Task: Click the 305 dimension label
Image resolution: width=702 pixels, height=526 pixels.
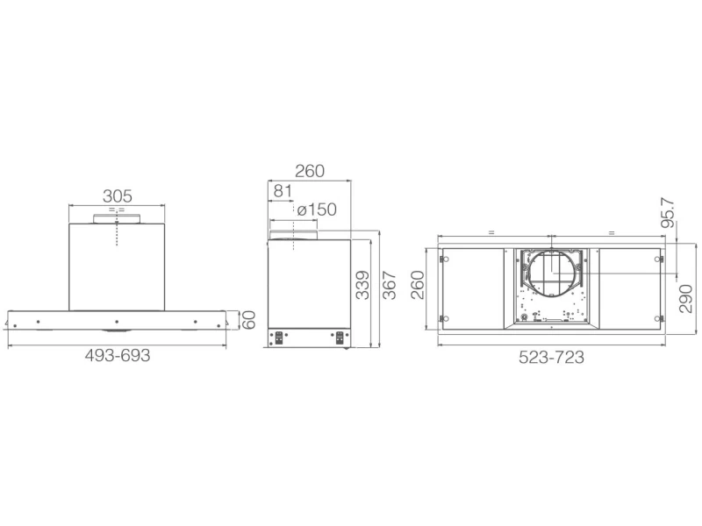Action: [118, 195]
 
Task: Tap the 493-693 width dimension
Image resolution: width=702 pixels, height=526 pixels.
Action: [118, 356]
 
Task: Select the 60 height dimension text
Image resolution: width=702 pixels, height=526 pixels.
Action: [248, 319]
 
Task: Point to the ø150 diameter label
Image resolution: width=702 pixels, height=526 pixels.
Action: [317, 210]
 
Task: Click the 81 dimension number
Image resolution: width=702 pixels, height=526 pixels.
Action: [283, 191]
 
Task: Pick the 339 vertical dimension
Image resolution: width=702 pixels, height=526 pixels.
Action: [362, 285]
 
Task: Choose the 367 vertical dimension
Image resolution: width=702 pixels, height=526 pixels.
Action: [390, 285]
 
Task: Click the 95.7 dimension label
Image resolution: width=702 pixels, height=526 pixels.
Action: [668, 213]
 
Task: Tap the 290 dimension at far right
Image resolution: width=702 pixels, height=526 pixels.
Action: [686, 298]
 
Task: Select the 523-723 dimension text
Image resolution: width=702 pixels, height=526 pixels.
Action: [552, 358]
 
